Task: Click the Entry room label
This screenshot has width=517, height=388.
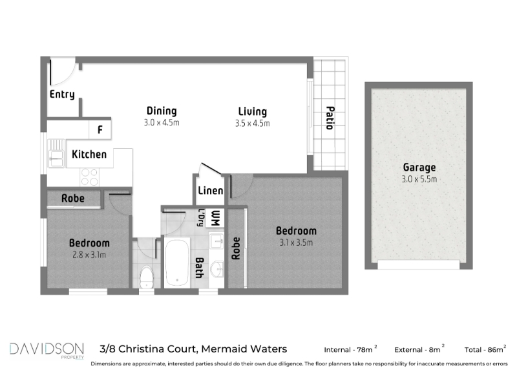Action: pyautogui.click(x=62, y=94)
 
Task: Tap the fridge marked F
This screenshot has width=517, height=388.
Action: pyautogui.click(x=100, y=129)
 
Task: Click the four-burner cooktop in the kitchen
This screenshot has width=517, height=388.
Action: pyautogui.click(x=90, y=177)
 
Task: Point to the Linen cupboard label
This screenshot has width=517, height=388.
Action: pyautogui.click(x=211, y=190)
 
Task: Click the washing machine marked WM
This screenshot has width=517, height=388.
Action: pyautogui.click(x=215, y=218)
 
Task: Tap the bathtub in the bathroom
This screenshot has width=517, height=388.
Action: pyautogui.click(x=177, y=263)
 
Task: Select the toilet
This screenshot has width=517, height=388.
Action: pyautogui.click(x=146, y=277)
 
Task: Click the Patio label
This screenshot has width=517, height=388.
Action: pyautogui.click(x=330, y=118)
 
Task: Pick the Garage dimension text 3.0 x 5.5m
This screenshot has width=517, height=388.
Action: pyautogui.click(x=419, y=179)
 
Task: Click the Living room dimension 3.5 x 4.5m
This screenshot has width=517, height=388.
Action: pyautogui.click(x=252, y=124)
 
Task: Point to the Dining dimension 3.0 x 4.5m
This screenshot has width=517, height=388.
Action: pyautogui.click(x=162, y=123)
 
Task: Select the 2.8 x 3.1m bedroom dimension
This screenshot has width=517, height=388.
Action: pyautogui.click(x=89, y=255)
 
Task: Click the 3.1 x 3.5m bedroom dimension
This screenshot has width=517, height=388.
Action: pyautogui.click(x=296, y=242)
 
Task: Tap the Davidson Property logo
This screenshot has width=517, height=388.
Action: pyautogui.click(x=47, y=350)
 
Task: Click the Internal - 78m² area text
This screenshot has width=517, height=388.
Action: pyautogui.click(x=350, y=349)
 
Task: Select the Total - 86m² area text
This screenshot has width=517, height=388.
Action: pyautogui.click(x=485, y=349)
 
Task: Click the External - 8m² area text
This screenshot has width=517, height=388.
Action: pyautogui.click(x=419, y=349)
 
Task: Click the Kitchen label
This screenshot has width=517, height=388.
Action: pyautogui.click(x=89, y=155)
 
